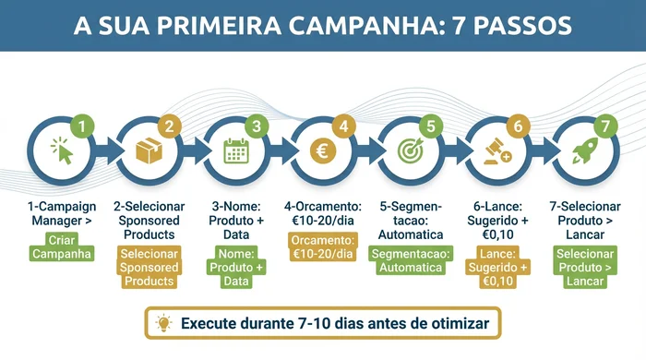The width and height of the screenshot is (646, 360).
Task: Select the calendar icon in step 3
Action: click(x=236, y=150)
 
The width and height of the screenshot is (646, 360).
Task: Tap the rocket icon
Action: click(x=584, y=150)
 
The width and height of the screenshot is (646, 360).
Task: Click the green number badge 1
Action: click(x=83, y=126)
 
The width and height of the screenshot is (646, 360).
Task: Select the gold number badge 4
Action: click(x=344, y=126)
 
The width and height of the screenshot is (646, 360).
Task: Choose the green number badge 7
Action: click(x=605, y=126)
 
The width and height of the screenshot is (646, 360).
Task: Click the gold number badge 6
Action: click(x=518, y=126)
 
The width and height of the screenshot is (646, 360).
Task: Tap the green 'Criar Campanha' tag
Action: click(x=63, y=246)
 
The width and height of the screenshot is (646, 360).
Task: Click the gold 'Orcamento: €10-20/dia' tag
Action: click(x=322, y=246)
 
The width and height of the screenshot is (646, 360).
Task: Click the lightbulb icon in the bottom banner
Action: click(x=164, y=323)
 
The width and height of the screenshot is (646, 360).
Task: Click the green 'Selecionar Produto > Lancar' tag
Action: click(x=585, y=267)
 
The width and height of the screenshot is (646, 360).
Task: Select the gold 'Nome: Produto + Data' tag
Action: click(x=236, y=267)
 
